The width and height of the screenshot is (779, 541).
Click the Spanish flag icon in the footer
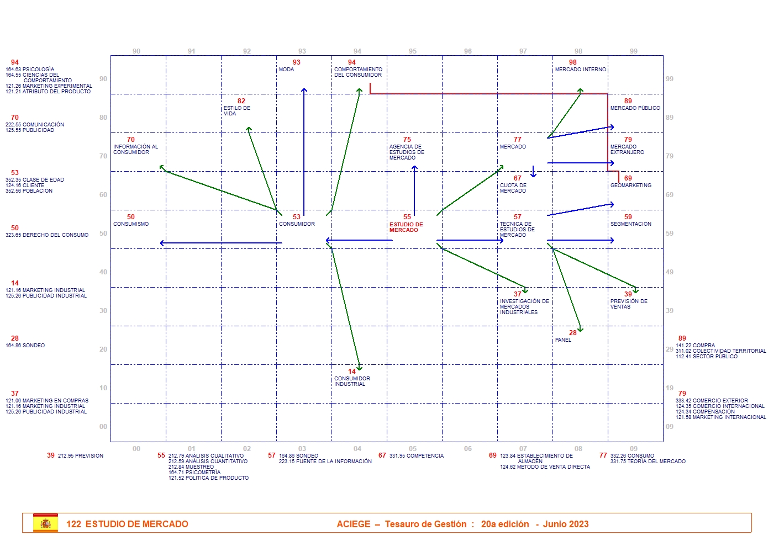(45, 523)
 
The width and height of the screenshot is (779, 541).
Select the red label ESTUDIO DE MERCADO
(406, 227)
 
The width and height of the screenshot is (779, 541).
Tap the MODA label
(286, 70)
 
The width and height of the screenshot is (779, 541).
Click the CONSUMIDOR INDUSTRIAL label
(352, 381)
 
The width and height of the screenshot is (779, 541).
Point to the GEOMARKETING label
(630, 185)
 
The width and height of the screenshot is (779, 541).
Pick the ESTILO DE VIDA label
(236, 111)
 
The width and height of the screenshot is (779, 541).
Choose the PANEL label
(563, 340)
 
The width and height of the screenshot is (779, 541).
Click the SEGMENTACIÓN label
(630, 224)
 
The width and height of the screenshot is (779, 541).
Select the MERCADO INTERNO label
(580, 70)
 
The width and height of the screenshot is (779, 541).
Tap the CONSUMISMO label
(131, 224)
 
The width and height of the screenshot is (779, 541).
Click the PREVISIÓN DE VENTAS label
(629, 304)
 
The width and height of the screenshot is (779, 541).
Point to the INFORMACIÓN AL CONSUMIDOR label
(135, 150)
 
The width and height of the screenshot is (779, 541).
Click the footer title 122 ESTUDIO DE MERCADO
(127, 524)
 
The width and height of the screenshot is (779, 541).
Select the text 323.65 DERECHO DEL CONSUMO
(47, 235)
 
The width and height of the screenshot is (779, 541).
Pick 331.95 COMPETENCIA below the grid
(416, 456)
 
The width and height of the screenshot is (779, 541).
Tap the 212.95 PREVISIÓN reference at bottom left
(80, 456)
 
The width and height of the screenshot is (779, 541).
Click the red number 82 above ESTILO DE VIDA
(241, 101)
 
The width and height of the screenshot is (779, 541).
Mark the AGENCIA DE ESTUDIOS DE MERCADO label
(407, 152)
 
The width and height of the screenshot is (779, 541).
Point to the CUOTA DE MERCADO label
(513, 188)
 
